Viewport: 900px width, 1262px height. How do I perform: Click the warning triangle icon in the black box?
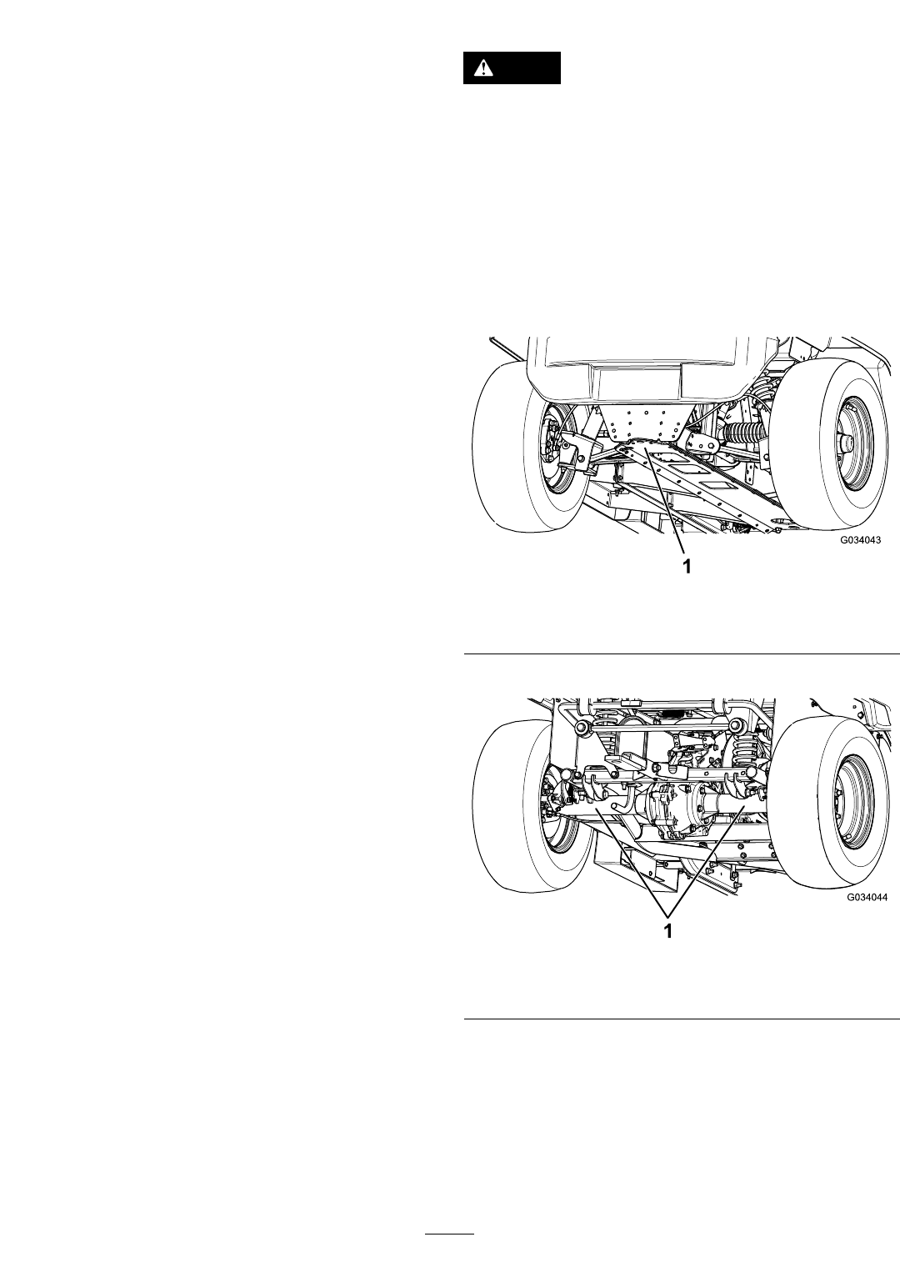482,68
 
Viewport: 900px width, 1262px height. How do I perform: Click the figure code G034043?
861,540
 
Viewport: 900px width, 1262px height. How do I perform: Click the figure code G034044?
867,898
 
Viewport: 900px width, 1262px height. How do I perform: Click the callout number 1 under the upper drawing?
687,566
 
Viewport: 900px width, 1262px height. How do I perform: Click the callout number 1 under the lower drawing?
668,931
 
